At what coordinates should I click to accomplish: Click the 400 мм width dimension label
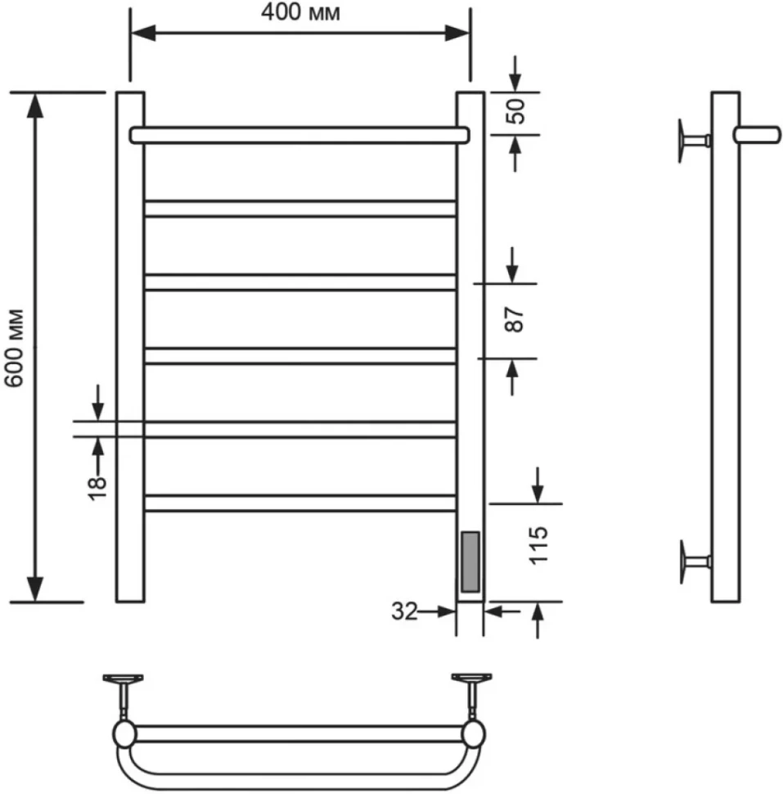300,12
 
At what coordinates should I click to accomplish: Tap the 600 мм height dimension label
15,348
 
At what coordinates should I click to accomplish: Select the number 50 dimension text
515,111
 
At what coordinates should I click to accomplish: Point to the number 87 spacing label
515,319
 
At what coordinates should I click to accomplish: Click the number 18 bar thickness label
97,489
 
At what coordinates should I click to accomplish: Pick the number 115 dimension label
538,545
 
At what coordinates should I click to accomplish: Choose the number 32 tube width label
404,611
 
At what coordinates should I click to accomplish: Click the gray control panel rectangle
470,562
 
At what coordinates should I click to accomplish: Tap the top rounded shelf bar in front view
299,135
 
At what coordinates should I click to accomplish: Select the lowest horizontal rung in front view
300,503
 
